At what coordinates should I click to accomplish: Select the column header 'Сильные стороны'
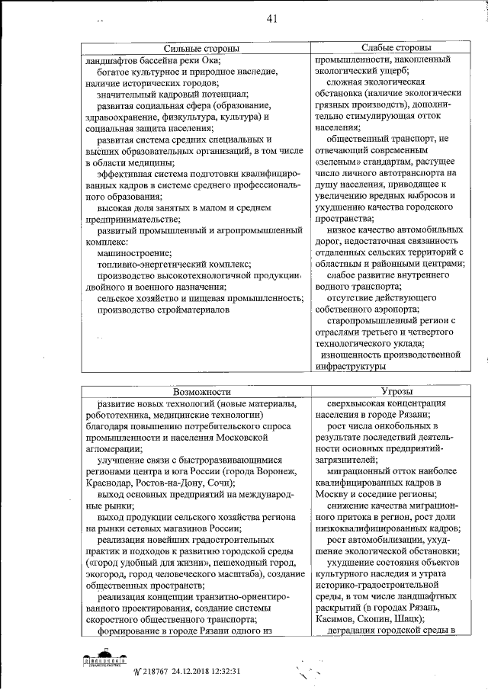pos(197,48)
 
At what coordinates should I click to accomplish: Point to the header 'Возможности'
pos(197,390)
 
